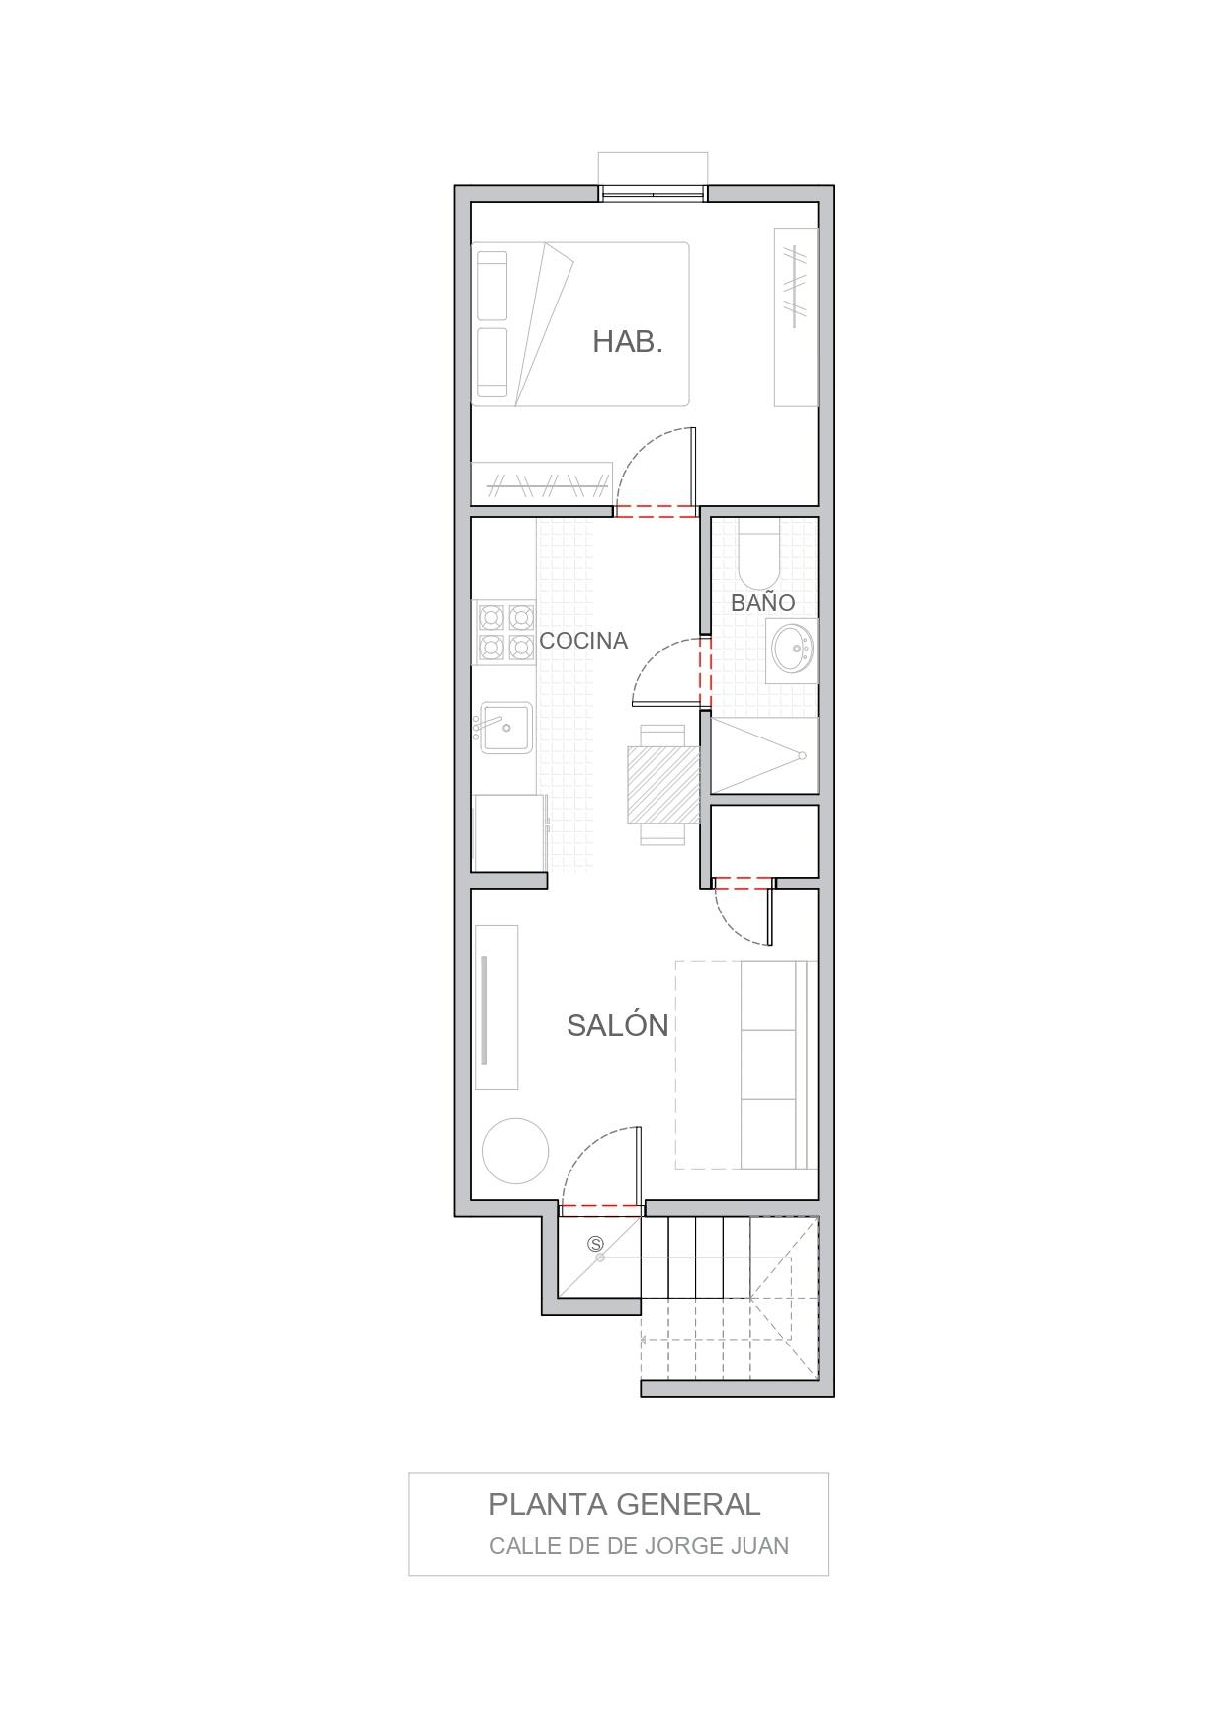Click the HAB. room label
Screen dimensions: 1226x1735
627,342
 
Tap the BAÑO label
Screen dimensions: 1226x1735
762,602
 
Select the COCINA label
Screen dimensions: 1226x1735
583,641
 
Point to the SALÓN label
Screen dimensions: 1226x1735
618,1025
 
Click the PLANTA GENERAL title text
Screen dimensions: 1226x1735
625,1504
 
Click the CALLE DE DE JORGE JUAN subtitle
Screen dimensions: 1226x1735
639,1545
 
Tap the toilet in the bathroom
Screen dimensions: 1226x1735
759,561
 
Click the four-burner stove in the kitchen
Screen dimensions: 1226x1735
505,633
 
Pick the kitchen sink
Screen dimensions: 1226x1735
506,728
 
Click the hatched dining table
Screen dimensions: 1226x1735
663,784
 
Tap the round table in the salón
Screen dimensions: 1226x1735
515,1151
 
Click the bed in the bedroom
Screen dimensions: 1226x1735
579,324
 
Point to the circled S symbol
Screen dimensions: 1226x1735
595,1245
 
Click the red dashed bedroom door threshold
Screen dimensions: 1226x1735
656,511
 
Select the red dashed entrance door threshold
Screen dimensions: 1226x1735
601,1207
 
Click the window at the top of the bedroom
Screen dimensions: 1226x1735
654,192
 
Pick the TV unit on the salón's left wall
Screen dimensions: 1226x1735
496,1007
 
